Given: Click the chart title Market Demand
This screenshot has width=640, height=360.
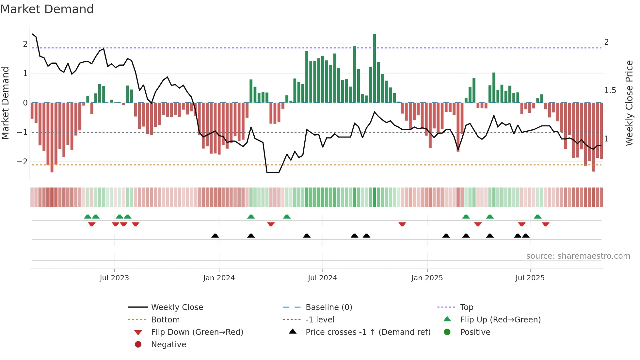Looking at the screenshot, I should click(x=47, y=9).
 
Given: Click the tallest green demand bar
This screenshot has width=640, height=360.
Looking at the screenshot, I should click(x=375, y=69).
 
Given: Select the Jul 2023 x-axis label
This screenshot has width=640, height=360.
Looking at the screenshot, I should click(x=114, y=278).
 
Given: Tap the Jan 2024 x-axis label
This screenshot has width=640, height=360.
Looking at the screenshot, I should click(x=219, y=278).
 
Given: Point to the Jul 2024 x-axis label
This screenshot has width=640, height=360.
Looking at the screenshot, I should click(x=322, y=278).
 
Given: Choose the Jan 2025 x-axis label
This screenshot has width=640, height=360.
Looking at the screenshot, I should click(x=427, y=278).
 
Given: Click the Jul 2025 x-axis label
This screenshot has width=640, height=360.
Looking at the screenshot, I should click(x=530, y=278).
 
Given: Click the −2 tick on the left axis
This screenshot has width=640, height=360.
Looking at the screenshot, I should click(x=22, y=162).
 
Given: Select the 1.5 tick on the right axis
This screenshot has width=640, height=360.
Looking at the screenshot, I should click(x=610, y=90).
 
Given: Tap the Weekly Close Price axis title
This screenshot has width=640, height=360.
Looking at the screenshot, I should click(x=629, y=103).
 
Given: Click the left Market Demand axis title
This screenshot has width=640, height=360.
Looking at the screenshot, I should click(x=5, y=103).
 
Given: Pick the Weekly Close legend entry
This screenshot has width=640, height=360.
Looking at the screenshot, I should click(x=177, y=307).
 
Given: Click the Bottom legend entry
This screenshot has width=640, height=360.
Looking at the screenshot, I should click(x=165, y=320).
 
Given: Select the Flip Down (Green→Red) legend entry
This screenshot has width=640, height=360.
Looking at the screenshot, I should click(x=197, y=332).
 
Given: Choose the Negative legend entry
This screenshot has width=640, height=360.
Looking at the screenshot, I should click(x=168, y=345).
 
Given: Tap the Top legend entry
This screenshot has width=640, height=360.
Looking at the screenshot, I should click(x=466, y=307).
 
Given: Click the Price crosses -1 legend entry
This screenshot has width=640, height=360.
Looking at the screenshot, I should click(x=368, y=332).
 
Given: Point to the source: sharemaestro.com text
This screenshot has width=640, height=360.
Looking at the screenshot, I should click(x=578, y=256).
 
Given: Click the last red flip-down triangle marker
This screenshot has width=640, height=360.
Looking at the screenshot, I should click(x=546, y=224).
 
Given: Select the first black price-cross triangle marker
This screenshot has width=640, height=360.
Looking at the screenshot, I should click(x=215, y=236).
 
